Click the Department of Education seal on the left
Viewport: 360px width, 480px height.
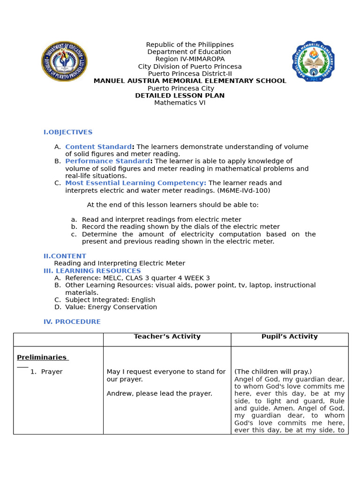pos(64,61)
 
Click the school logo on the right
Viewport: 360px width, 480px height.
pos(313,61)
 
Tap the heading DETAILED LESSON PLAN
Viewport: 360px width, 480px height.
pos(180,96)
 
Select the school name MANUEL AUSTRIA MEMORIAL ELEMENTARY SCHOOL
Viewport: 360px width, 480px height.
pos(189,81)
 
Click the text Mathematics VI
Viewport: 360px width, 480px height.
pos(180,103)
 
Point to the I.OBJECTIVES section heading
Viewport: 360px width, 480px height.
pos(68,132)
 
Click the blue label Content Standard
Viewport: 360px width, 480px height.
pos(98,147)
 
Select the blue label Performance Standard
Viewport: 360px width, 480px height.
pos(107,161)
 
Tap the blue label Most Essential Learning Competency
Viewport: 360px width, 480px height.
pos(135,183)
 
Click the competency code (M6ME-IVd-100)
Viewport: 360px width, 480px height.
pos(244,190)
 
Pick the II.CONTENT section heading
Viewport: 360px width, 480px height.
pos(65,256)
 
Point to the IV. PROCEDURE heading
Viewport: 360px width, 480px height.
pos(72,322)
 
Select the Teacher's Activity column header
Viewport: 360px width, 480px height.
pos(167,337)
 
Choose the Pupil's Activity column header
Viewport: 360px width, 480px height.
pos(289,337)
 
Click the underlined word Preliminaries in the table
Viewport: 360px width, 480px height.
pos(42,357)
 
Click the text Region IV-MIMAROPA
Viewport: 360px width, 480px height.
pos(190,59)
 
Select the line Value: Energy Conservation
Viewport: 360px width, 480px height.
pos(111,307)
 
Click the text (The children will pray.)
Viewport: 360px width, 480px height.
pos(273,372)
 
